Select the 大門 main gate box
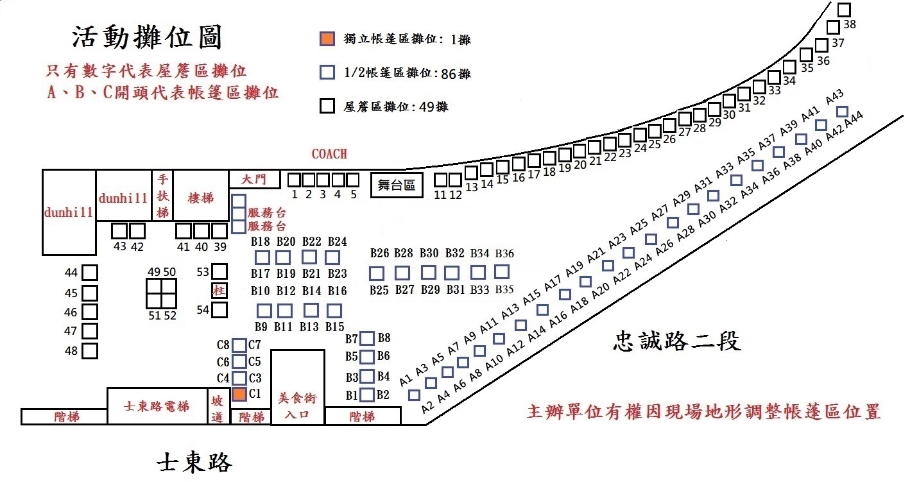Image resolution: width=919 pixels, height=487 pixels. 254,179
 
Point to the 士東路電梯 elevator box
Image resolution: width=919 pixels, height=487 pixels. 157,406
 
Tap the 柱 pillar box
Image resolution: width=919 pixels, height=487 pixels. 219,290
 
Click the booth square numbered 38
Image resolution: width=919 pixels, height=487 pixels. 844,10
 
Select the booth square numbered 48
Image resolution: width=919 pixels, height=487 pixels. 90,351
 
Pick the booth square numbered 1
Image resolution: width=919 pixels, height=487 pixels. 294,179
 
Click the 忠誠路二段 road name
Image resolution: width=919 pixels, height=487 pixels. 677,341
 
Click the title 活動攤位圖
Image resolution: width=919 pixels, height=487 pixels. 147,38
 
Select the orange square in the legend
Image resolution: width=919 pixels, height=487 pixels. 327,38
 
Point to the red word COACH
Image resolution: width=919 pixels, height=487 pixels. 329,154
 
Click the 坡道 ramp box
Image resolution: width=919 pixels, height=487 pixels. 218,406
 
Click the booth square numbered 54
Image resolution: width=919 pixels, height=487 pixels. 219,310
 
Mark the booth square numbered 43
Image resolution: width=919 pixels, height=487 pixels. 119,230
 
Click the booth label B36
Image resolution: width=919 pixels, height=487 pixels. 504,254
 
